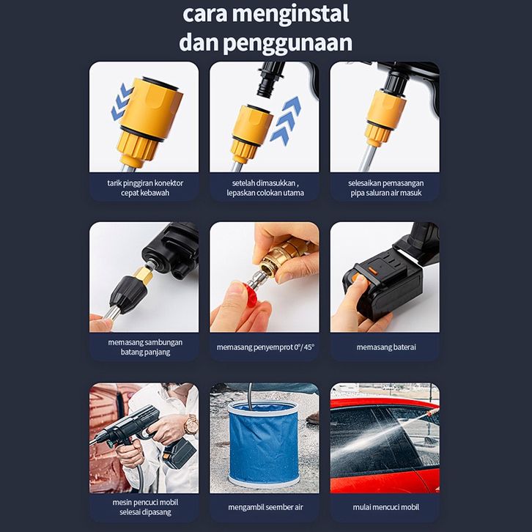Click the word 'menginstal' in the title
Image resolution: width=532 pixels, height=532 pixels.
click(290, 14)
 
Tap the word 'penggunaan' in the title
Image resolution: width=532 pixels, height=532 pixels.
click(288, 43)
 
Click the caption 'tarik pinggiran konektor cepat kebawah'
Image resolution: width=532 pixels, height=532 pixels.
click(145, 188)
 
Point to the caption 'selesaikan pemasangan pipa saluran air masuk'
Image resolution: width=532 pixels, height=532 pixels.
click(385, 188)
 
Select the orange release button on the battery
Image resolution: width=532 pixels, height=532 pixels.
click(372, 270)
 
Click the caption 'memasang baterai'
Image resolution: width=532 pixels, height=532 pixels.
click(386, 347)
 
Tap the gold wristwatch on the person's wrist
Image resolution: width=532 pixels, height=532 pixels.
click(191, 424)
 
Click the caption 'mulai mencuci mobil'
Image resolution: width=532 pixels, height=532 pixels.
click(385, 507)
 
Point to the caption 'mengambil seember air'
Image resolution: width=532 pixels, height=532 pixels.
click(265, 507)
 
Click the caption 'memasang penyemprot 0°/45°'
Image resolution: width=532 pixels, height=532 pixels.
click(265, 347)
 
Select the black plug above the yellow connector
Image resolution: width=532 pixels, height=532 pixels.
click(270, 79)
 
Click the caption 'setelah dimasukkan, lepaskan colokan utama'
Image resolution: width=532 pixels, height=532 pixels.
click(265, 188)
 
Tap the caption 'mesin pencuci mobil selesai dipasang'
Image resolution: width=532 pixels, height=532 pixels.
click(145, 507)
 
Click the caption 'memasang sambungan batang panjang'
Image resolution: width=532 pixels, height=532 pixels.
click(145, 347)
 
